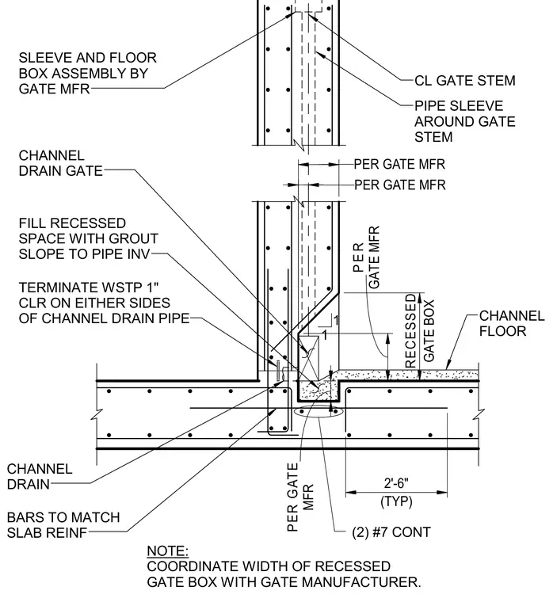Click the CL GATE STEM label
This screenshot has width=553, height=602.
click(465, 81)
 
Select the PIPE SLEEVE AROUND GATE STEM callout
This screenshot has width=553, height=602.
click(465, 121)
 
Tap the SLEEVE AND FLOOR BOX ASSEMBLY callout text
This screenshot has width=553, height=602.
click(88, 74)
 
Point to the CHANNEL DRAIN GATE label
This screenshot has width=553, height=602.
click(61, 163)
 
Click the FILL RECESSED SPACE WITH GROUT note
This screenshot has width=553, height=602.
click(88, 238)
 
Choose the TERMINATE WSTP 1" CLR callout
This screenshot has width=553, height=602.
click(104, 303)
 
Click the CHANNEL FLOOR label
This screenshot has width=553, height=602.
click(512, 324)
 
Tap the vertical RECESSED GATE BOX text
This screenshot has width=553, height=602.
click(419, 331)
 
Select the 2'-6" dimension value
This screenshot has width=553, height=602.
click(396, 483)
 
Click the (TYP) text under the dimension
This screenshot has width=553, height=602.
click(396, 501)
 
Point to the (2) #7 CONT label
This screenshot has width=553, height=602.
click(391, 532)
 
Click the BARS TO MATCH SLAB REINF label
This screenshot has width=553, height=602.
click(63, 525)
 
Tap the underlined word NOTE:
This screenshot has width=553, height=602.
click(168, 551)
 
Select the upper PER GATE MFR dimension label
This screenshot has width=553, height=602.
click(399, 164)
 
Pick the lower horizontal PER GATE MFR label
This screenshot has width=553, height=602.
click(399, 185)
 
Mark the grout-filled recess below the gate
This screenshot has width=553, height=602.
click(318, 391)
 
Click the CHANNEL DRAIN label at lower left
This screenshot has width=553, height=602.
click(40, 477)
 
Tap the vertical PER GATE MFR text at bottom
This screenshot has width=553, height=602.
click(300, 497)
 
